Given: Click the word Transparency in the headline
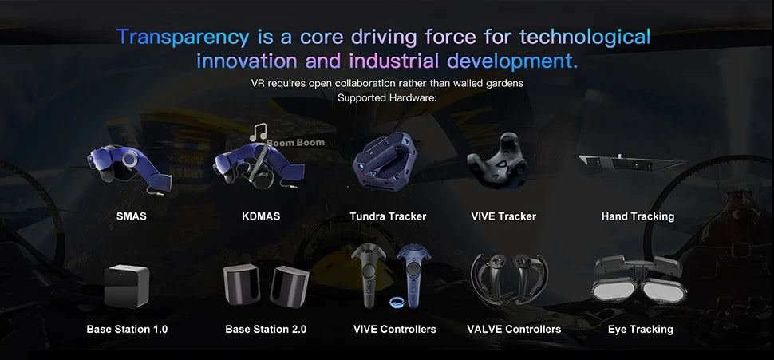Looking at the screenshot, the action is pyautogui.click(x=183, y=37).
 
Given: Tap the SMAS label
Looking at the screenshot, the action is pyautogui.click(x=132, y=216).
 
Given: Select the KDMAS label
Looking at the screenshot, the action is pyautogui.click(x=261, y=216).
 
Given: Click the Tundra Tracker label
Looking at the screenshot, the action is pyautogui.click(x=388, y=216).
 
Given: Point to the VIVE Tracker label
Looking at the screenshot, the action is pyautogui.click(x=503, y=216).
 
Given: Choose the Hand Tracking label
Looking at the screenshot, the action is pyautogui.click(x=638, y=216).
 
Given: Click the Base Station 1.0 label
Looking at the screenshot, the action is pyautogui.click(x=127, y=329).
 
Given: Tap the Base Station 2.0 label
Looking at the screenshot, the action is pyautogui.click(x=266, y=329).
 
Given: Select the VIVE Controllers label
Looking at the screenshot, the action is pyautogui.click(x=394, y=329).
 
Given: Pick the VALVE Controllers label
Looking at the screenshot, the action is pyautogui.click(x=514, y=329).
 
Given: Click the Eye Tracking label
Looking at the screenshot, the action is pyautogui.click(x=640, y=329).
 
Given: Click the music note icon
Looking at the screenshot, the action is pyautogui.click(x=259, y=133).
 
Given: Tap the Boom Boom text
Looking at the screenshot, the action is pyautogui.click(x=296, y=143).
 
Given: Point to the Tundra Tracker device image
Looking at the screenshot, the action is pyautogui.click(x=385, y=161).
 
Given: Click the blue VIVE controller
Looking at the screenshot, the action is pyautogui.click(x=413, y=275).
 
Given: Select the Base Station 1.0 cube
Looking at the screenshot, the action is pyautogui.click(x=126, y=286).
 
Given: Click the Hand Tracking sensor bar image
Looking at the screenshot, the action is pyautogui.click(x=631, y=163).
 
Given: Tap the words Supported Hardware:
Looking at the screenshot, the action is pyautogui.click(x=387, y=97).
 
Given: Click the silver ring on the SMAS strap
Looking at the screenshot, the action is pyautogui.click(x=130, y=159).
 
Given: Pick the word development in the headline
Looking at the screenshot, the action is pyautogui.click(x=512, y=61).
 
